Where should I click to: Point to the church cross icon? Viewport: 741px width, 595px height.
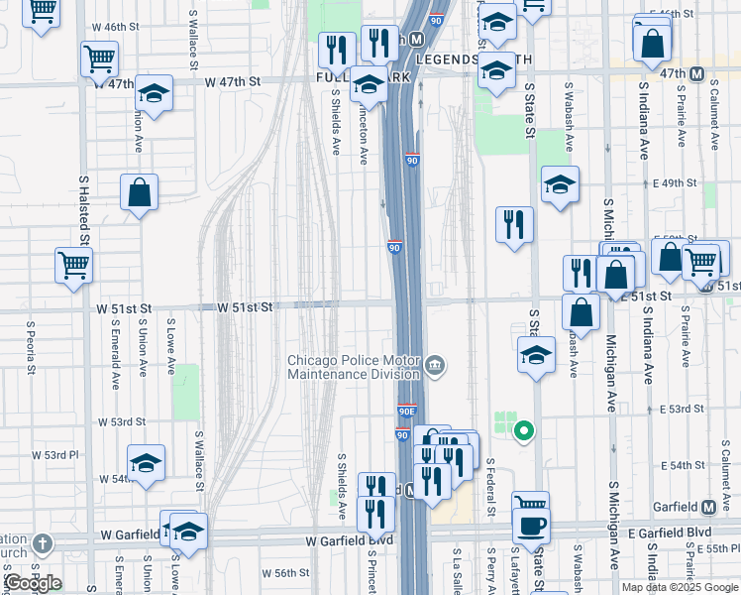41,542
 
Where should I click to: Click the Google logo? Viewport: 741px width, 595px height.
33,583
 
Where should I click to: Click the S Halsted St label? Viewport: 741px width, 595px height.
84,214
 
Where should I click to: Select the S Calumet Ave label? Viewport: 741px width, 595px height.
713,113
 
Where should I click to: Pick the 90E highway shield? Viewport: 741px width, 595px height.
406,412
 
